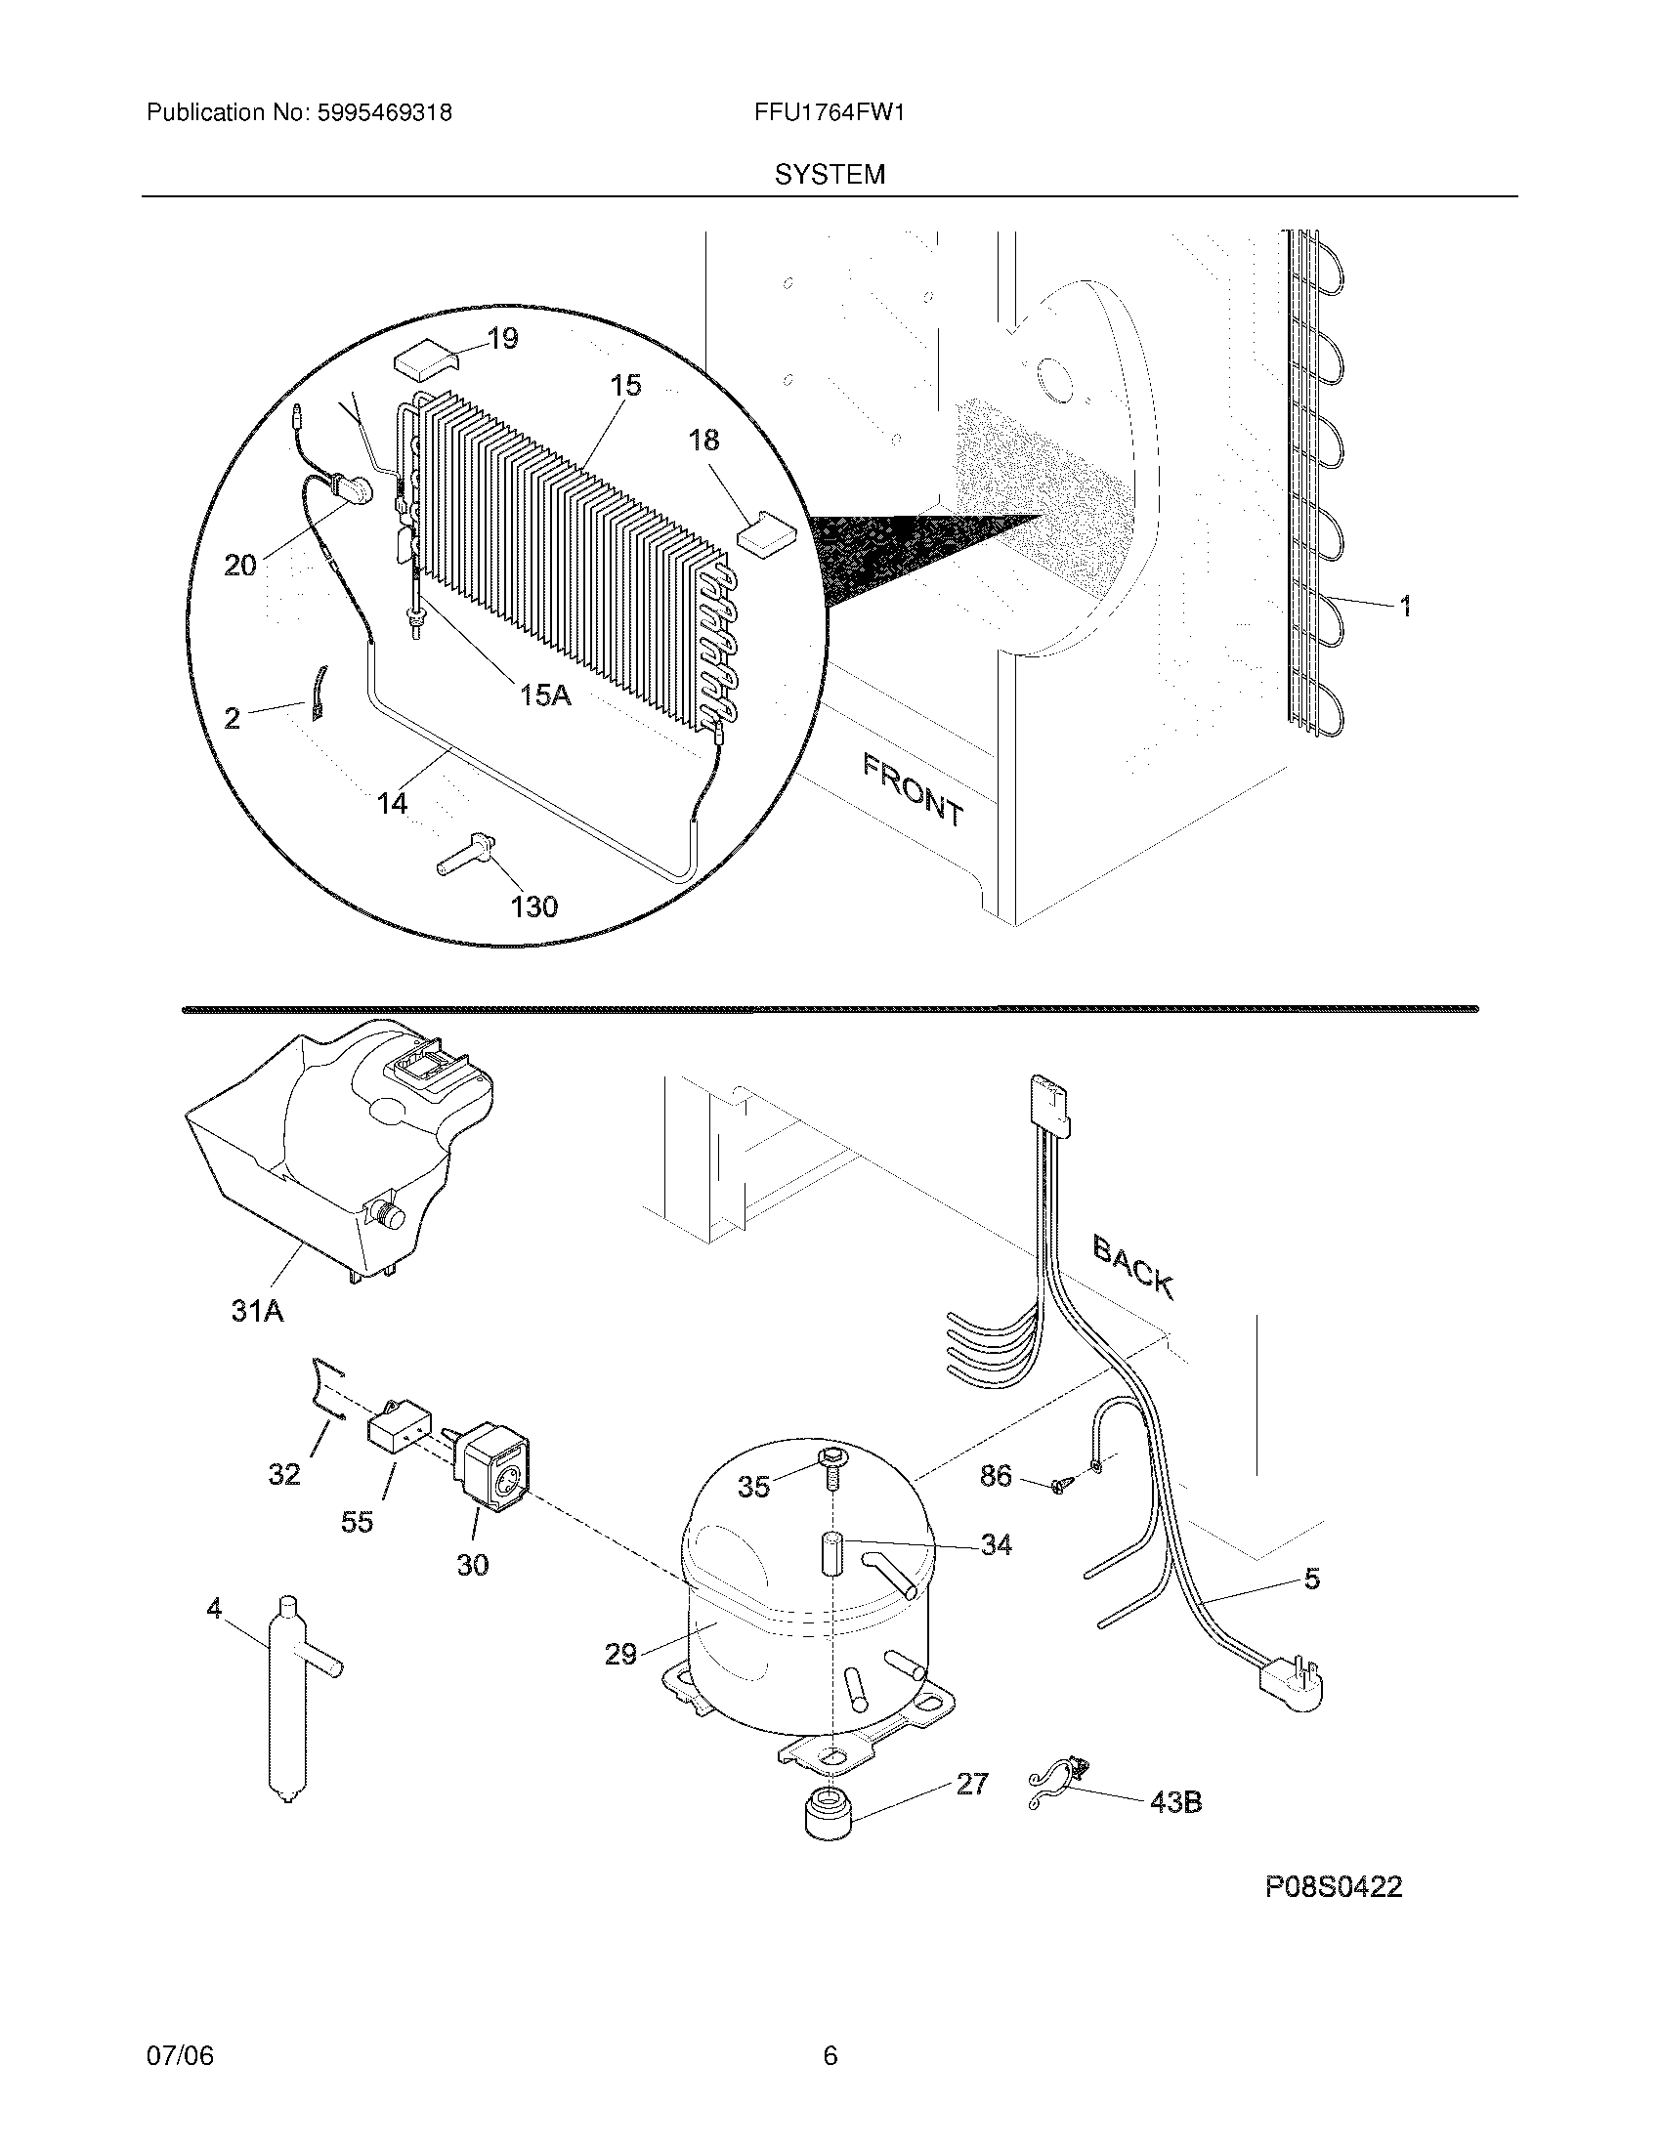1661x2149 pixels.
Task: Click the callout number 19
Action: pyautogui.click(x=502, y=339)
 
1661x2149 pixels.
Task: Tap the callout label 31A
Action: pyautogui.click(x=257, y=1310)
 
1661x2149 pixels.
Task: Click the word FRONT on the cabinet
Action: pyautogui.click(x=913, y=789)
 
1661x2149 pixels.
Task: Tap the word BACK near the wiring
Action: pyautogui.click(x=1132, y=1268)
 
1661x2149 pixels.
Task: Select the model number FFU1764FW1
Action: pyautogui.click(x=829, y=112)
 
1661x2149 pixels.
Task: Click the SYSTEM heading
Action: pyautogui.click(x=829, y=175)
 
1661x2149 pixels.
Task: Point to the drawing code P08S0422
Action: pyautogui.click(x=1334, y=1914)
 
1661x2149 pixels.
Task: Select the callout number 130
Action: pyautogui.click(x=534, y=906)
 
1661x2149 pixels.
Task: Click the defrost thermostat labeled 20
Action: pyautogui.click(x=353, y=487)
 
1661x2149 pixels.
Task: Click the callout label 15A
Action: pyautogui.click(x=545, y=695)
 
